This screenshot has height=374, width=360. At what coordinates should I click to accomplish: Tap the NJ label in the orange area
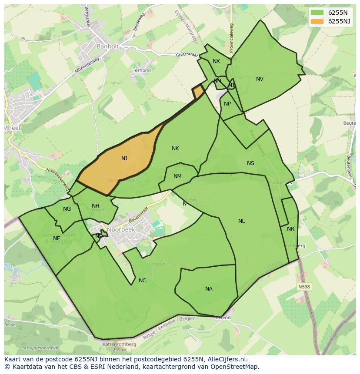(124, 159)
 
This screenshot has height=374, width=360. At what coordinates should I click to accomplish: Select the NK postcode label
(175, 149)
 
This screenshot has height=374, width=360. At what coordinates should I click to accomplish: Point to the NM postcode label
(177, 176)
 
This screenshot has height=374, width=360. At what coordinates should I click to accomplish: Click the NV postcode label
(260, 79)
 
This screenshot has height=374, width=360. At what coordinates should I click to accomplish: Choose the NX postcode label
(216, 61)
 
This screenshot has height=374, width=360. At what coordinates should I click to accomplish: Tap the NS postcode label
(250, 163)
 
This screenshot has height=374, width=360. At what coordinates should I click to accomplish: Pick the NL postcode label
(241, 221)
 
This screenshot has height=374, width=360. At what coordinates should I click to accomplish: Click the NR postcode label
(290, 229)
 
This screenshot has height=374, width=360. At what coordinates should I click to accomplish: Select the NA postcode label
(209, 289)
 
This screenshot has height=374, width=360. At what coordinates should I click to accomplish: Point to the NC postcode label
(142, 281)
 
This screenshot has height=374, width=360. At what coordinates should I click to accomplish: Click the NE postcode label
(57, 238)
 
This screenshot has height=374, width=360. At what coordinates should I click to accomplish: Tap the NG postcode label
(67, 209)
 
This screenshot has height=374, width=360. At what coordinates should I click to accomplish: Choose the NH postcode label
(96, 206)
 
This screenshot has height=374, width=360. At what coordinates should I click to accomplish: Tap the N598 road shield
(304, 287)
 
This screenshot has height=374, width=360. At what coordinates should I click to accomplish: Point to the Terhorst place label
(142, 70)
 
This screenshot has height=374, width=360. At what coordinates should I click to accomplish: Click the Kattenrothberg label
(119, 344)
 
